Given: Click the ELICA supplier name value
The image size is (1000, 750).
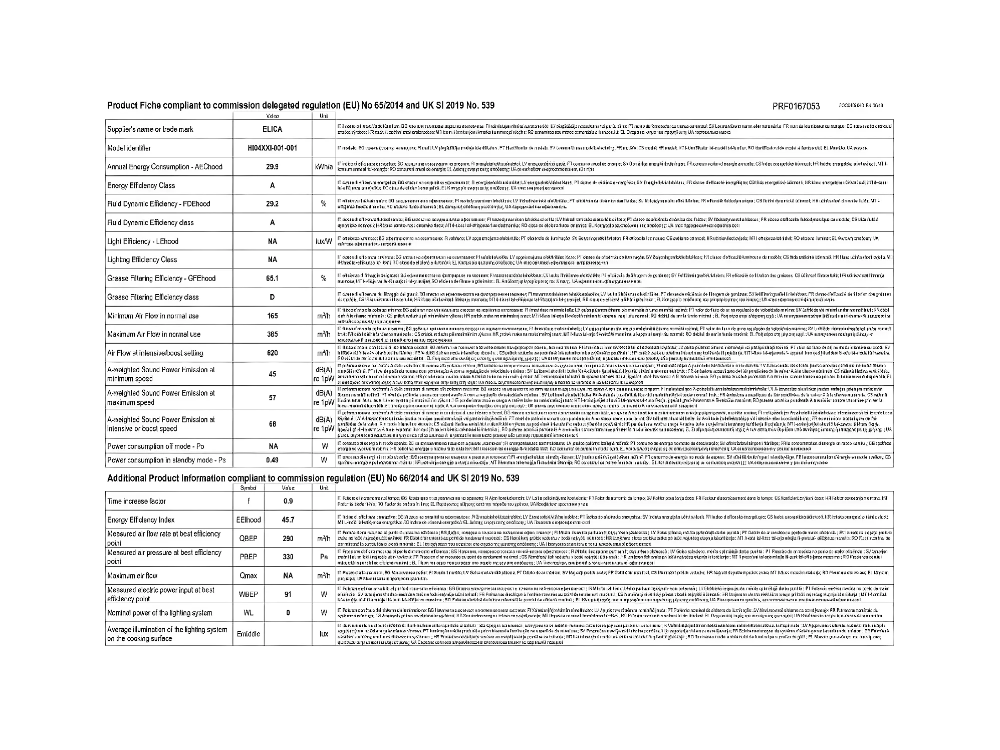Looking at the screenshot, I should (x=272, y=129).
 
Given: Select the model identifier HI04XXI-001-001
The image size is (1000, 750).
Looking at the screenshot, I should (x=272, y=148).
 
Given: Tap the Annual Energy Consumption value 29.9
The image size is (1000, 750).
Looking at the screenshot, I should (x=272, y=167).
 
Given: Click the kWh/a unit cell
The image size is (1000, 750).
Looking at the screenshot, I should (x=324, y=167).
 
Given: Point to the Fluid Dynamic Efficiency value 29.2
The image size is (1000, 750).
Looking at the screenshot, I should (x=272, y=204).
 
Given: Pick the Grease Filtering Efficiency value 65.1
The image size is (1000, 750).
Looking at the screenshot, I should (x=272, y=278).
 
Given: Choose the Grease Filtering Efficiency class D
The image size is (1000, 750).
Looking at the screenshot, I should (x=272, y=297).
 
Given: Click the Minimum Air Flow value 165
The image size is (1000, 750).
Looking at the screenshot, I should (x=272, y=316).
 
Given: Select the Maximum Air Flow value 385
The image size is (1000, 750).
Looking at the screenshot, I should (x=272, y=334).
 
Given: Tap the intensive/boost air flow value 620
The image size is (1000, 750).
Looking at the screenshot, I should (x=272, y=353).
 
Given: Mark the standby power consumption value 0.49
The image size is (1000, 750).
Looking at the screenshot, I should (x=272, y=460).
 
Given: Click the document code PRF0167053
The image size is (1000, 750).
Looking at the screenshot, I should (x=796, y=106).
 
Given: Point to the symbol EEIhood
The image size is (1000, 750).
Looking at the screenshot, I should (x=248, y=520).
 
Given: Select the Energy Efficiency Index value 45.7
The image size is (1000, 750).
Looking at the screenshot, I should (x=288, y=520).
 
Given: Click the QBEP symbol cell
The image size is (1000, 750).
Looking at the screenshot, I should (x=248, y=539).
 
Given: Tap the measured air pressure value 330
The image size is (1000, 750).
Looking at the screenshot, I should (x=288, y=557).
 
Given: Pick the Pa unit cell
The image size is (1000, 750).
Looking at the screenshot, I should (x=324, y=557).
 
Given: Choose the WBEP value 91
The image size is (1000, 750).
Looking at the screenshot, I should (x=288, y=594).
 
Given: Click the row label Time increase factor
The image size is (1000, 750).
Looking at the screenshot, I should (x=136, y=501).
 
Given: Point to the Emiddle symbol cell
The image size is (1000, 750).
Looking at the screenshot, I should (x=248, y=634).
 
